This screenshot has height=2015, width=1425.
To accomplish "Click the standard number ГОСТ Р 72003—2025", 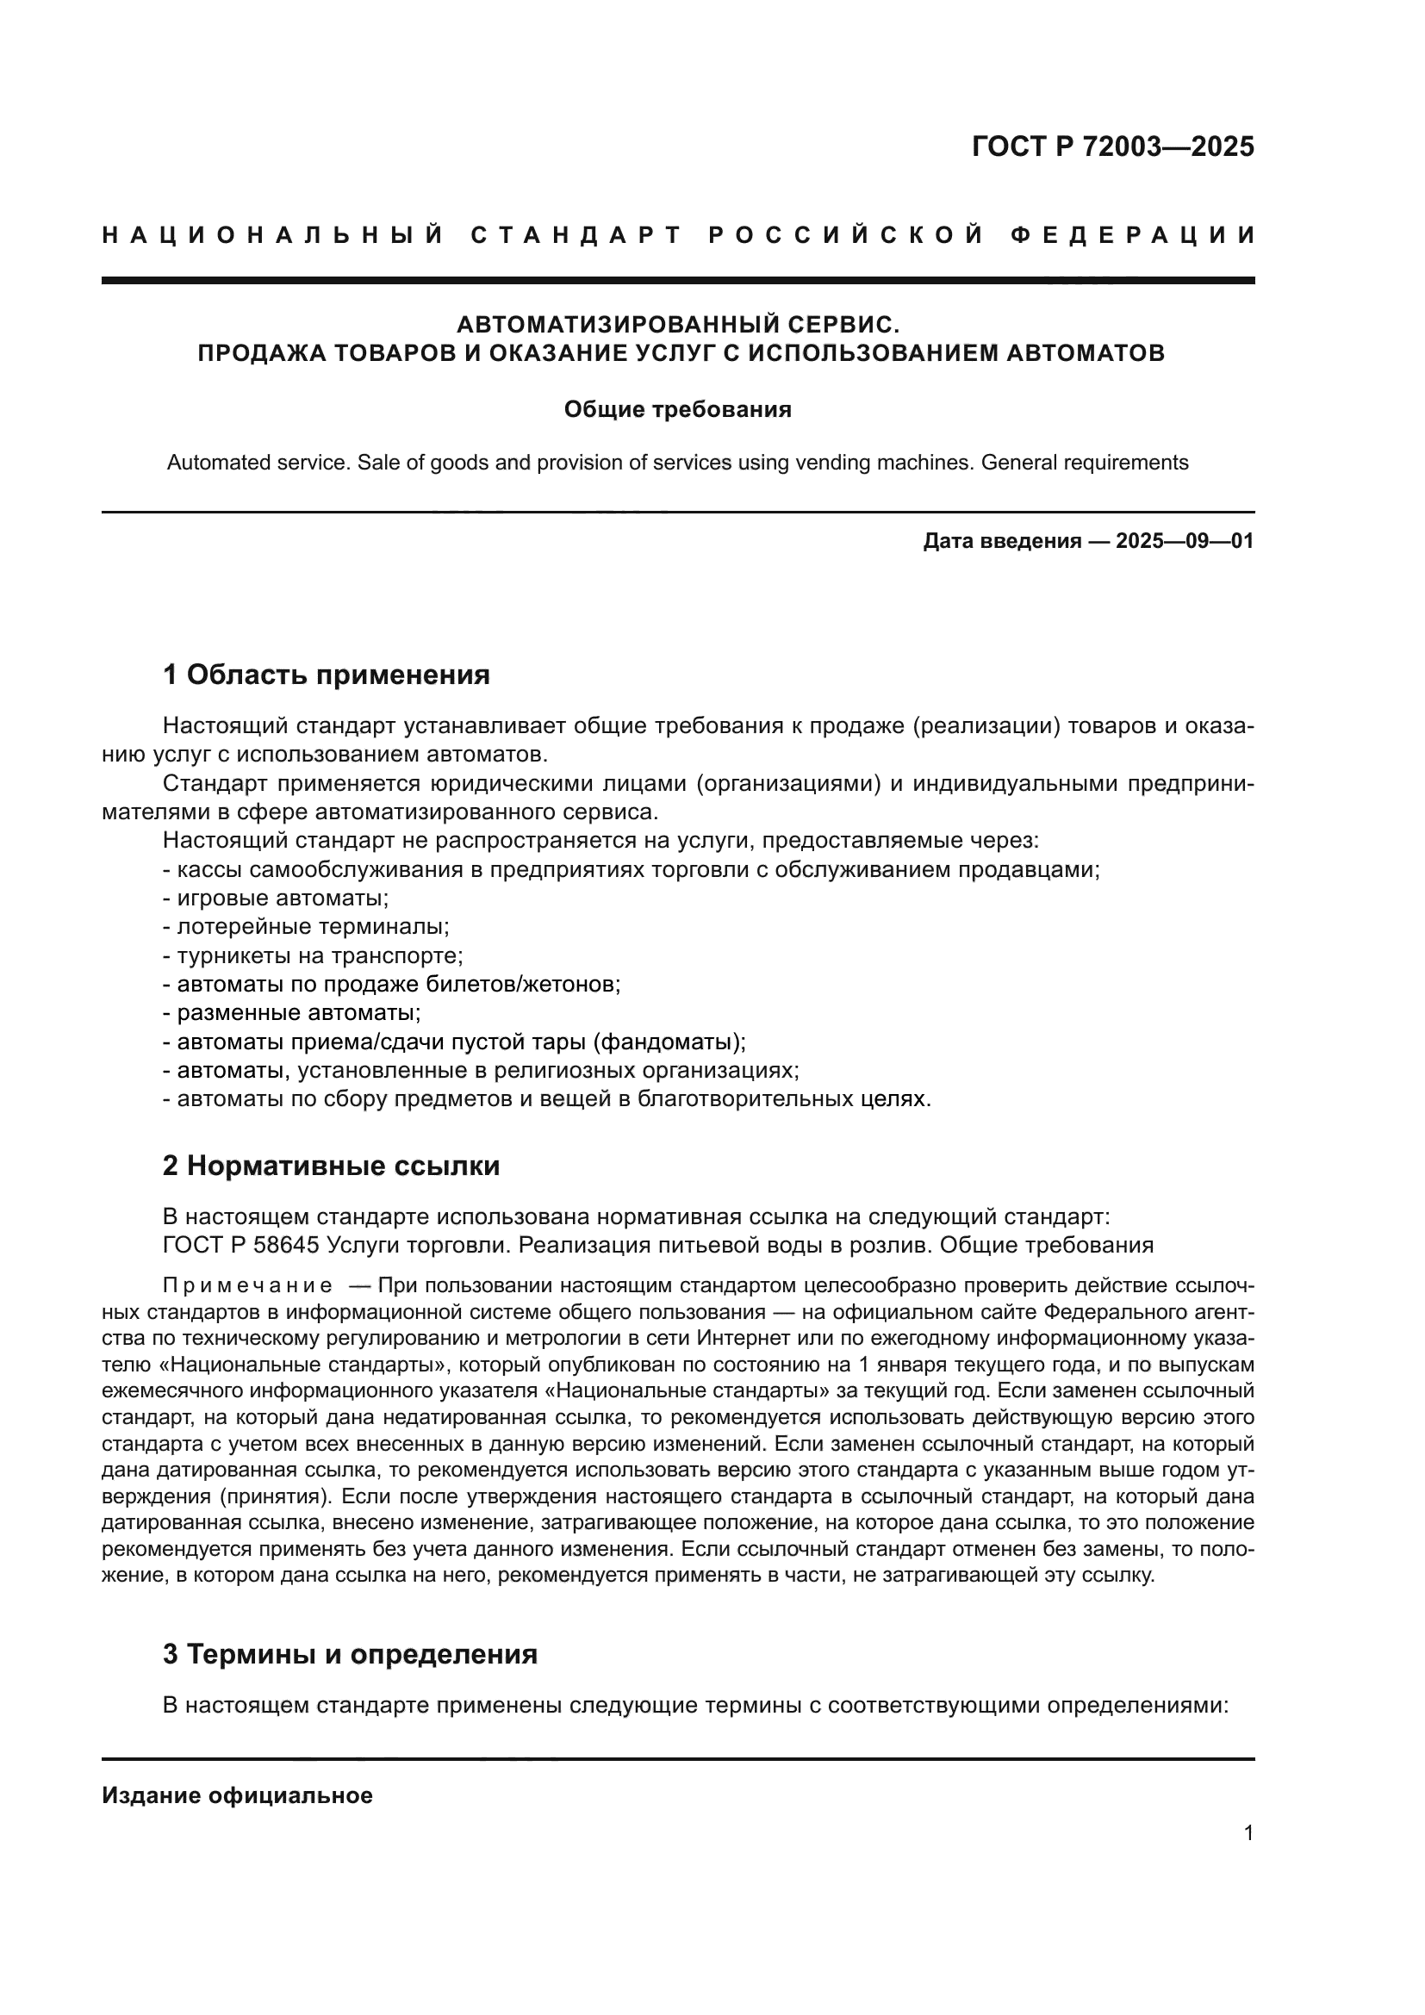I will pyautogui.click(x=1112, y=146).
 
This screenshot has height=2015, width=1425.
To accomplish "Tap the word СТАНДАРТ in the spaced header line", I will pyautogui.click(x=576, y=235).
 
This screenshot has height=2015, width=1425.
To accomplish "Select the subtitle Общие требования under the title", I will pyautogui.click(x=677, y=410).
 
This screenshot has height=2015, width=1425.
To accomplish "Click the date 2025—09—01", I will pyautogui.click(x=1185, y=541).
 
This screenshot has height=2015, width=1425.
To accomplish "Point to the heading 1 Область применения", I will pyautogui.click(x=326, y=675).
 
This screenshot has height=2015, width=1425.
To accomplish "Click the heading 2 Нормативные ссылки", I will pyautogui.click(x=331, y=1166).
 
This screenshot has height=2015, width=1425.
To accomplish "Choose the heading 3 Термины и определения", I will pyautogui.click(x=349, y=1654).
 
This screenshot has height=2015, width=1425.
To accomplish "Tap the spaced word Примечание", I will pyautogui.click(x=247, y=1285).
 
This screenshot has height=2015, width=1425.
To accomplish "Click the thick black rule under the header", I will pyautogui.click(x=677, y=280).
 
